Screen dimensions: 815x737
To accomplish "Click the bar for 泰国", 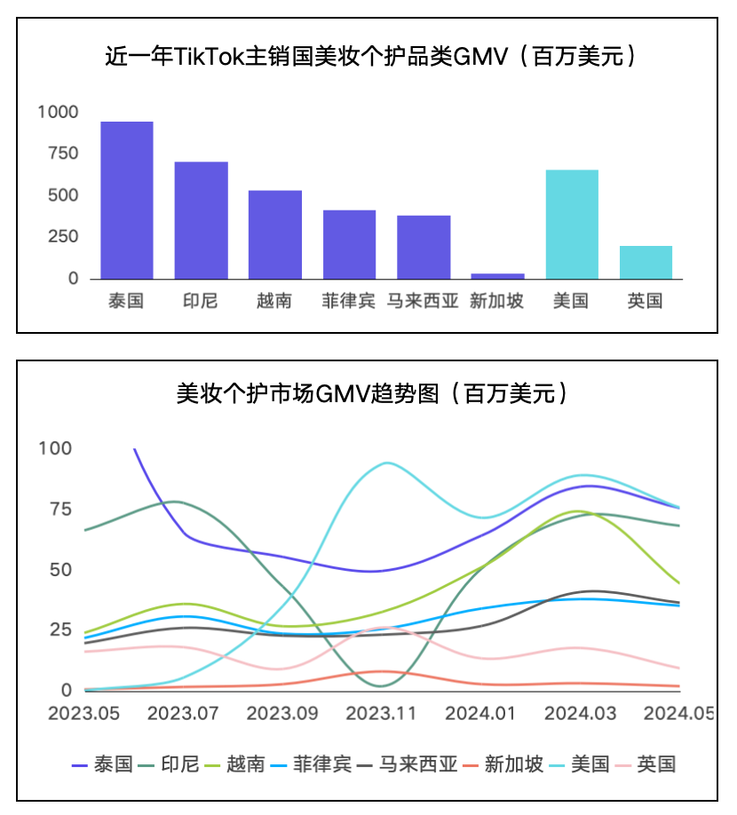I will (126, 200).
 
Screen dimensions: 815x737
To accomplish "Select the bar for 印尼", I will (201, 220).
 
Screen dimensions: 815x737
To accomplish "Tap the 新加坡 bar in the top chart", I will (497, 276).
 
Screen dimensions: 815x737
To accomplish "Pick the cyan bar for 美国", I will (571, 224).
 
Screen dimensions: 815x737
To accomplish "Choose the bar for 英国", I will (646, 262).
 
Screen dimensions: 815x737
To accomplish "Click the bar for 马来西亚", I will (424, 247).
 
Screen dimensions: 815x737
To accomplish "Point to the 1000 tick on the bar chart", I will (58, 112).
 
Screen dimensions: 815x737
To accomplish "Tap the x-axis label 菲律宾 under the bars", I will (349, 301).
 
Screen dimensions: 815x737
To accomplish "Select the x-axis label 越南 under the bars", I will (274, 301).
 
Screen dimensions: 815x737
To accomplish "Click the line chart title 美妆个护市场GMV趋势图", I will (372, 393).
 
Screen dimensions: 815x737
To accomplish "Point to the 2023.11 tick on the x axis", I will (381, 713).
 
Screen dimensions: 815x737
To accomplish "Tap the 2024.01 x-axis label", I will (479, 713).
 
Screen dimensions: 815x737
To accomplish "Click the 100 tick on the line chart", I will (56, 448).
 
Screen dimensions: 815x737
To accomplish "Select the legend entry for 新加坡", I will (513, 764).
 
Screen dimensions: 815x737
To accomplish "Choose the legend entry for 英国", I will (656, 764).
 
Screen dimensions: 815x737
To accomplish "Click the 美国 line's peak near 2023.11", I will (386, 463).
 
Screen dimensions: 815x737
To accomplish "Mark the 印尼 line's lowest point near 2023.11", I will (381, 685).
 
